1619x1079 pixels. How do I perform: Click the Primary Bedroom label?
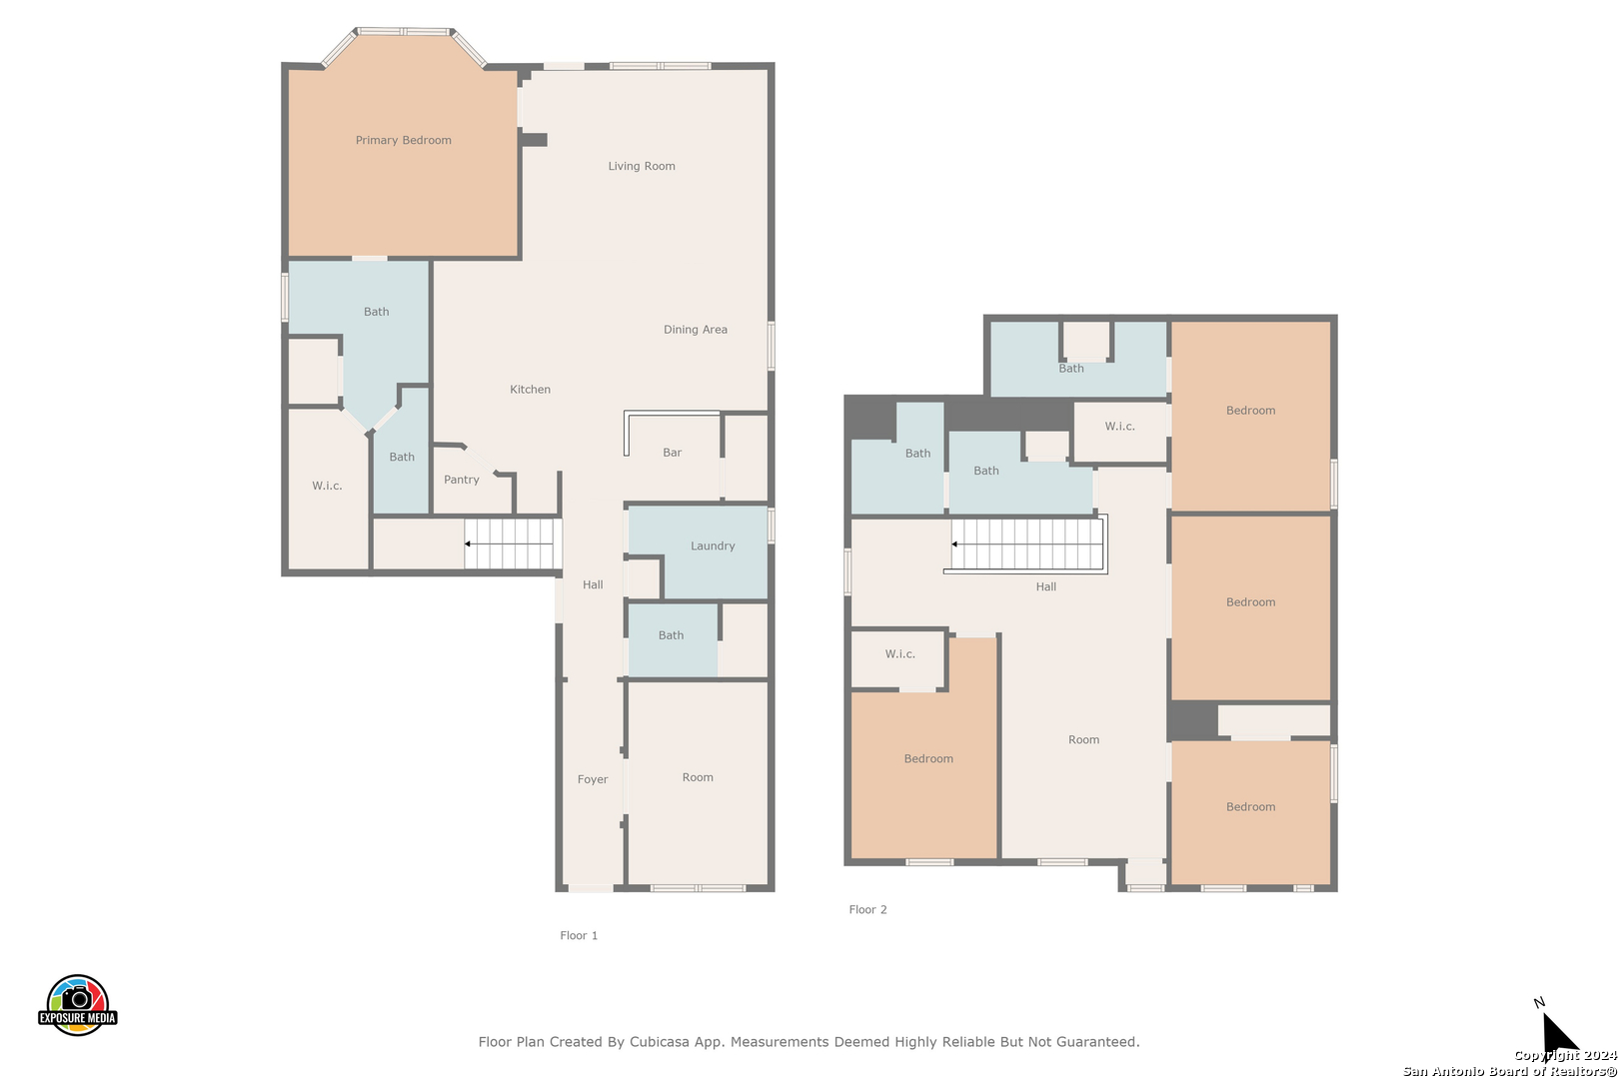404,140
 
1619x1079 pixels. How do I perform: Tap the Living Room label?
642,166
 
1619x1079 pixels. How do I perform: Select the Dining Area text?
696,330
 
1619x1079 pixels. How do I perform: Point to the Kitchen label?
530,390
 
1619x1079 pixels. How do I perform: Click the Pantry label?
461,480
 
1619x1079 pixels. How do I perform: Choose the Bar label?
673,453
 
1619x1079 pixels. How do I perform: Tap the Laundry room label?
713,546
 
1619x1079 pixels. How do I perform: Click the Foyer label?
593,779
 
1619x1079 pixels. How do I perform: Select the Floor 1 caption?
579,935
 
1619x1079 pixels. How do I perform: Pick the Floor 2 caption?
868,909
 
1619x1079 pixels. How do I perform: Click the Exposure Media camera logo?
77,1005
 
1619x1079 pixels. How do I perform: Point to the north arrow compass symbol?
1558,1030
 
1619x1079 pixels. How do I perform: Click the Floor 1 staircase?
513,543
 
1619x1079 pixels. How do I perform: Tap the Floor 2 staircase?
1026,544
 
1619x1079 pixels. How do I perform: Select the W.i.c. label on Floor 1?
327,486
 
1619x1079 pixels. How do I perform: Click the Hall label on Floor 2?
1045,586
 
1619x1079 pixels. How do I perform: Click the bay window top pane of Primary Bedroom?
404,31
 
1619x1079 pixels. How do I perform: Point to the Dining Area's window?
772,346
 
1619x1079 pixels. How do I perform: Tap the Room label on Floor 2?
1083,739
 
